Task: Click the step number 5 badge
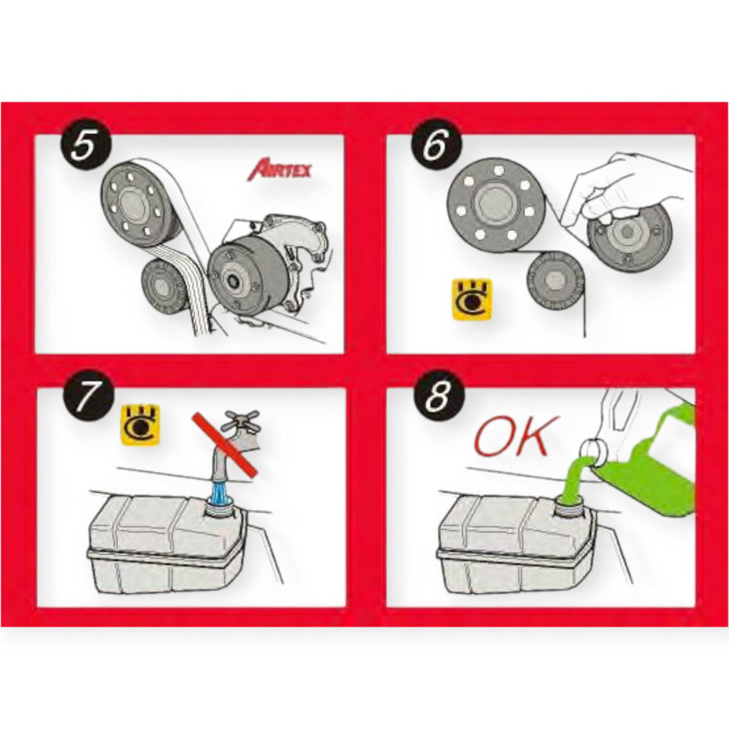[85, 144]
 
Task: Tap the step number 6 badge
[436, 144]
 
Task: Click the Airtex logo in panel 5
[279, 169]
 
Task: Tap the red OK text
[511, 436]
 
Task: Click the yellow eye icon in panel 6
[472, 299]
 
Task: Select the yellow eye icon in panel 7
[140, 426]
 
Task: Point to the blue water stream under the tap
[221, 493]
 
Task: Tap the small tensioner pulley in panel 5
[163, 287]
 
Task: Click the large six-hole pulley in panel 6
[496, 204]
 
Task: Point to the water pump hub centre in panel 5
[231, 282]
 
